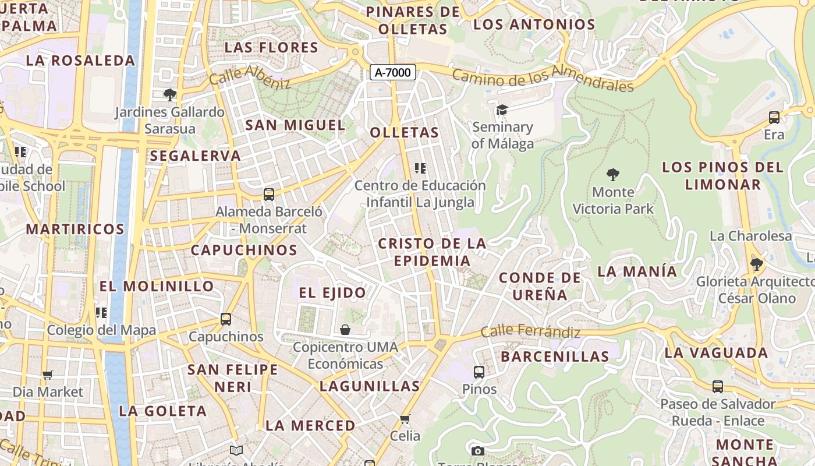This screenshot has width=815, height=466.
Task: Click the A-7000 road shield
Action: pos(393,73)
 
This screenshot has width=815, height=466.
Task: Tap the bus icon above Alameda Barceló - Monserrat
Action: pos(268,195)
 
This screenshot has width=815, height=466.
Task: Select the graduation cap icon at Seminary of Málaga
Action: pos(502,110)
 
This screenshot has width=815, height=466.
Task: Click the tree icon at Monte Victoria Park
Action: pos(612,174)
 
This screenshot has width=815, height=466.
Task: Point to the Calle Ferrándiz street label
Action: pos(530,331)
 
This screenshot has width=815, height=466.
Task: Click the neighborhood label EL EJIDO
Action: pos(332,292)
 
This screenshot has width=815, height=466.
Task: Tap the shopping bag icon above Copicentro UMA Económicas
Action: pos(345,330)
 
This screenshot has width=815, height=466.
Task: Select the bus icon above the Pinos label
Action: pos(479,372)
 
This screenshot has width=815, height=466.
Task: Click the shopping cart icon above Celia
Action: pos(405,419)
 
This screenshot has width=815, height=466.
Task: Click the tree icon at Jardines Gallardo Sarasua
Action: pos(169,94)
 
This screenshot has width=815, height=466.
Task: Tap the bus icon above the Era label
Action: pos(774,118)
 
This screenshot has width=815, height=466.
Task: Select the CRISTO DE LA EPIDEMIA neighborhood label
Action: pos(432,252)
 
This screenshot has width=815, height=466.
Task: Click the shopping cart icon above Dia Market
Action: pos(48,375)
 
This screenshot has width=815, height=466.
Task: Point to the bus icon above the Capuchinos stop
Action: pos(226,319)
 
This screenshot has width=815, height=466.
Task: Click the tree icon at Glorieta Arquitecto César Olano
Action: pos(757,264)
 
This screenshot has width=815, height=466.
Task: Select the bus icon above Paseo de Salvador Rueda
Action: pos(718,387)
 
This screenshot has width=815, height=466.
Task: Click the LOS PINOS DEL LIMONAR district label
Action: pos(722,176)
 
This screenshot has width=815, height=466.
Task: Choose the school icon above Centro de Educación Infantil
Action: pos(420,168)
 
